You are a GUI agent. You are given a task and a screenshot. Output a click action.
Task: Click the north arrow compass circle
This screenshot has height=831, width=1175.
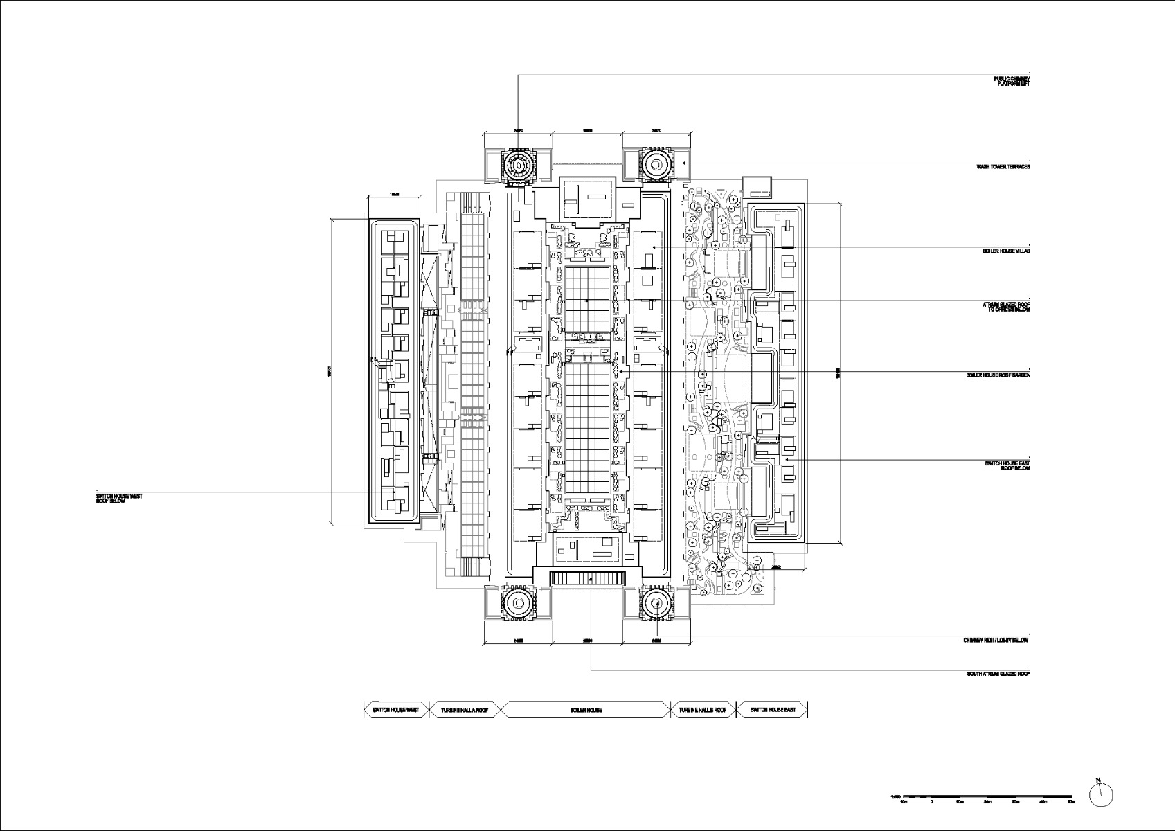(x=1100, y=796)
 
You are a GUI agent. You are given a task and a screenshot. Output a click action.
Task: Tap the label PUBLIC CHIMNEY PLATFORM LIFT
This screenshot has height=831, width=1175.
(x=1012, y=81)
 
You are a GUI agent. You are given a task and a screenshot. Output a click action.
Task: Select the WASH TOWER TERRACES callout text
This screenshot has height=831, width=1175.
(x=1003, y=167)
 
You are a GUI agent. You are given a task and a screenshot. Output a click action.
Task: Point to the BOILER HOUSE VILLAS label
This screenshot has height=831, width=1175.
(x=1006, y=251)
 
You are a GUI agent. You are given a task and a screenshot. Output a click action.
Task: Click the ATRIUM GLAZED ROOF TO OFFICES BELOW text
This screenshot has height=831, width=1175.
(x=1006, y=307)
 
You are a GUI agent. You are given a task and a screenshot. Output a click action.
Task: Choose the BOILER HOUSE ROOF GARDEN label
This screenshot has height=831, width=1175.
(x=998, y=375)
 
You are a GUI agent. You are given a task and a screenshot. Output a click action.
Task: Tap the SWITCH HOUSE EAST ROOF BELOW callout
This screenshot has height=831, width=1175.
(x=1007, y=465)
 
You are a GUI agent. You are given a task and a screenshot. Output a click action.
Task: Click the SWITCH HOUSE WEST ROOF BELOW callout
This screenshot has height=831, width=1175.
(x=119, y=498)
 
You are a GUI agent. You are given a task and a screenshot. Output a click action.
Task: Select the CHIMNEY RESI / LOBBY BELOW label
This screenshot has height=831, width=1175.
(x=995, y=641)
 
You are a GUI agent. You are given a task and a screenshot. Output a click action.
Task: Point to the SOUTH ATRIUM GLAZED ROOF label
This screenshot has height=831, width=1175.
(x=998, y=674)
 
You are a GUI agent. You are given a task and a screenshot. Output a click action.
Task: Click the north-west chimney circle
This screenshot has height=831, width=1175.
(x=517, y=165)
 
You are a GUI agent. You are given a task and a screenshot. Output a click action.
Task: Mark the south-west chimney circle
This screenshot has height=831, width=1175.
(x=517, y=602)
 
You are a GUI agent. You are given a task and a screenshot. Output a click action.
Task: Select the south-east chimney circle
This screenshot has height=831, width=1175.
(x=655, y=602)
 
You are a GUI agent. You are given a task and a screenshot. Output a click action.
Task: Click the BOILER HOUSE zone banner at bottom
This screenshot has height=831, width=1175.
(x=586, y=710)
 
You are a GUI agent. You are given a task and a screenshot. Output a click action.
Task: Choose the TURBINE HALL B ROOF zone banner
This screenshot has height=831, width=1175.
(x=703, y=710)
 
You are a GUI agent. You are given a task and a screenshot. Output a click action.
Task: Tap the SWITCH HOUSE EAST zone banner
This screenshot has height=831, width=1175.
(x=773, y=710)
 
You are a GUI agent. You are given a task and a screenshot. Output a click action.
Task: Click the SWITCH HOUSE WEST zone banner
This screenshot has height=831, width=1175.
(x=396, y=710)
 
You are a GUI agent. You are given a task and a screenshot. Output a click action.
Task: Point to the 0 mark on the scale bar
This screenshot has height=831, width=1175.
(x=931, y=801)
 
